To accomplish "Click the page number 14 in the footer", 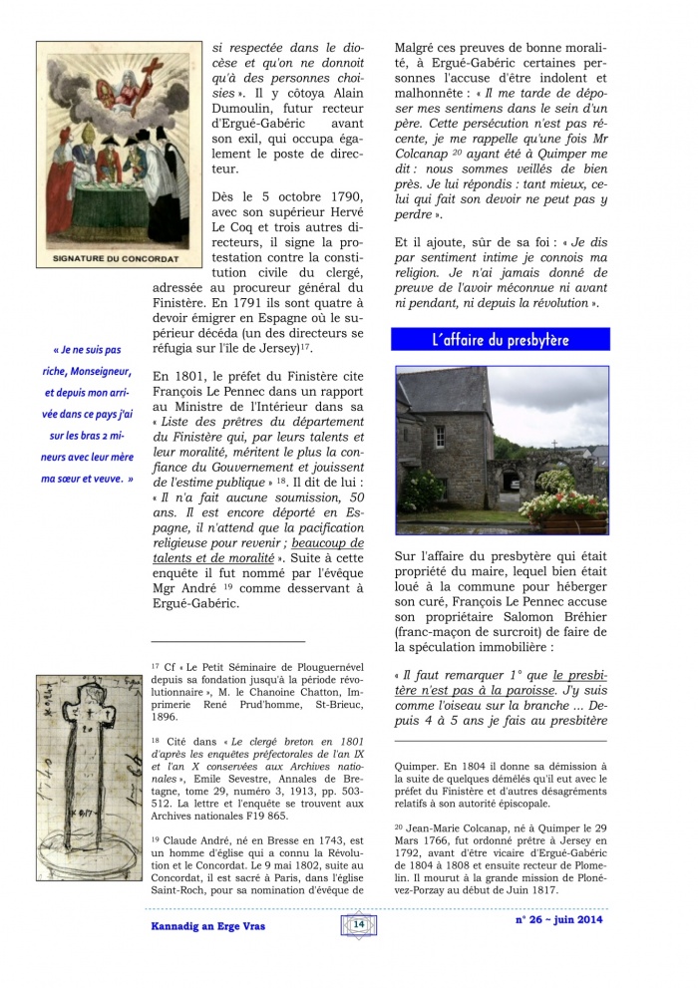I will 358,924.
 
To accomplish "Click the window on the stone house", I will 440,437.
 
